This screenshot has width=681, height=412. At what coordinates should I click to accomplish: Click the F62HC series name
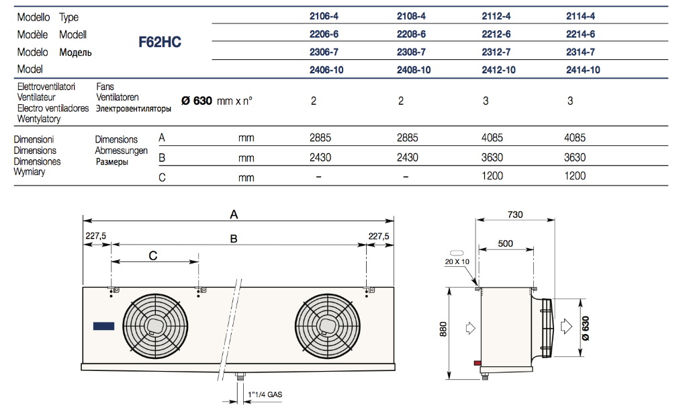160,42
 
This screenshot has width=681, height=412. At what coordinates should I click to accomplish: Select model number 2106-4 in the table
321,17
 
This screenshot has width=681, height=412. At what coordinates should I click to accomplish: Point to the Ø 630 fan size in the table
197,101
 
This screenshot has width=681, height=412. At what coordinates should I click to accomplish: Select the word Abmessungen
122,151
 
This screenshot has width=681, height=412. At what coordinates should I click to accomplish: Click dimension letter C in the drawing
153,255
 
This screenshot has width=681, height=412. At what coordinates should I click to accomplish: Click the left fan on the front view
154,325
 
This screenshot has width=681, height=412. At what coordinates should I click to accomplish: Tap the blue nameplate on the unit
104,326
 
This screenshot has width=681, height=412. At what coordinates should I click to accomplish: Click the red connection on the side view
478,363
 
